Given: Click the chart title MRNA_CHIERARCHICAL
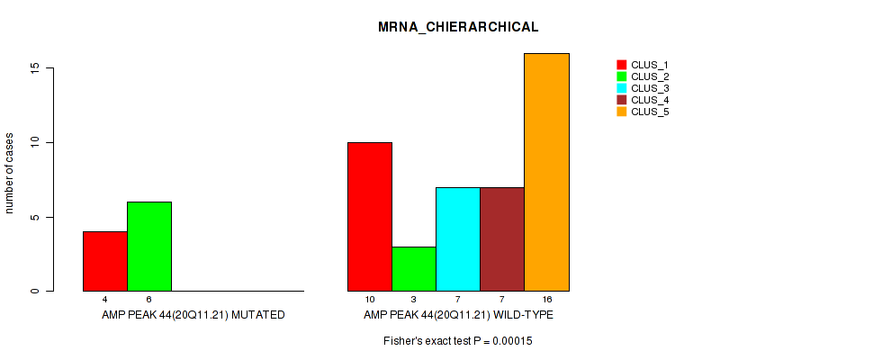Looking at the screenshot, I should (x=458, y=27).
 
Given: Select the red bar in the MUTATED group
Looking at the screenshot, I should (x=104, y=261).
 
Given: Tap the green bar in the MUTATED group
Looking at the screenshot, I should (x=148, y=247).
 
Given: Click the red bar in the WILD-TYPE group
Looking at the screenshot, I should (x=370, y=217).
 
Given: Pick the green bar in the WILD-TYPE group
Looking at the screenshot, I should (x=414, y=269).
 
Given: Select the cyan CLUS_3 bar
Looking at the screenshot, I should (x=458, y=239).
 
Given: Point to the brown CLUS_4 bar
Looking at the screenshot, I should (x=502, y=239).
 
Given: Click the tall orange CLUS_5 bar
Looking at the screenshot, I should (x=546, y=172).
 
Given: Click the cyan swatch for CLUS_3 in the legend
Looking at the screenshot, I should (x=621, y=88).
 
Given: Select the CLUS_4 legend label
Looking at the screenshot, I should (x=649, y=100).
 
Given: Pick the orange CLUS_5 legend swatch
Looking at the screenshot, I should (x=621, y=112).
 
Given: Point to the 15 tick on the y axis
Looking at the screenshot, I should (x=34, y=67).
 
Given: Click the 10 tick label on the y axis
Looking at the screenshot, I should (x=34, y=142).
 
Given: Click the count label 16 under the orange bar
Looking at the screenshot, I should (x=546, y=299).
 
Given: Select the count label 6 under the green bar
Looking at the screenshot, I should (x=148, y=299).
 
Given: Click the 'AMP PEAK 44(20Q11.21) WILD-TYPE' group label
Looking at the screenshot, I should (x=458, y=315).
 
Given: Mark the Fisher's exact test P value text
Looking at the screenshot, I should (x=458, y=341).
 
